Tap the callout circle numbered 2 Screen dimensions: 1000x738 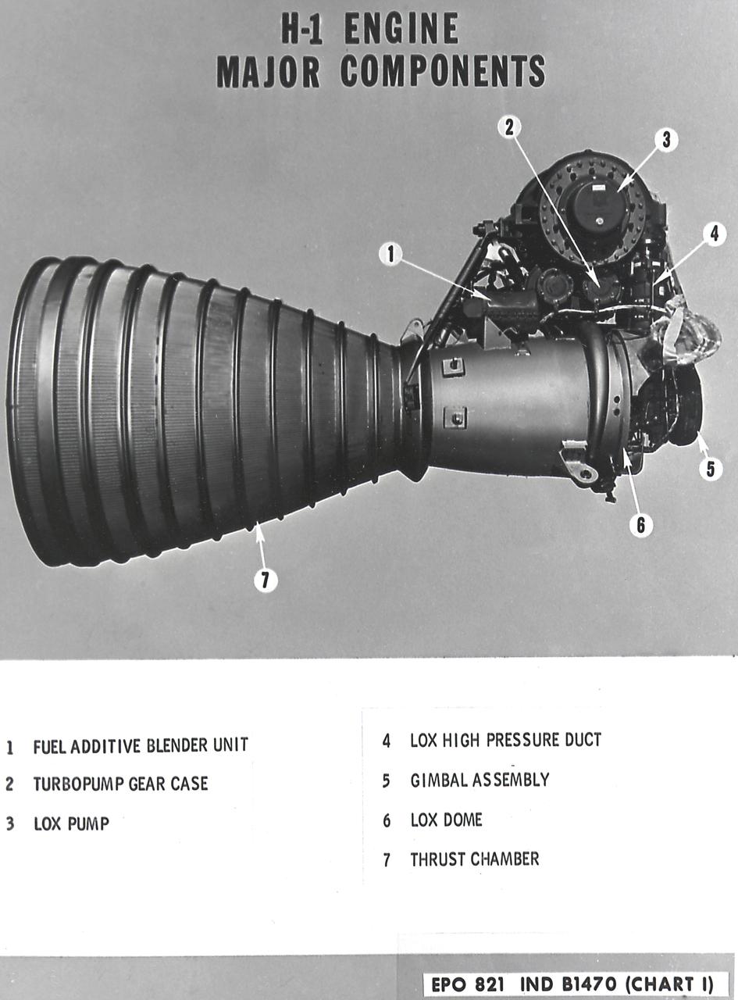pyautogui.click(x=509, y=127)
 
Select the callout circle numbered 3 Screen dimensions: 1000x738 pyautogui.click(x=665, y=140)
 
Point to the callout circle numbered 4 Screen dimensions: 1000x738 pyautogui.click(x=714, y=234)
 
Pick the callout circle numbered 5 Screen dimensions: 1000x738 pyautogui.click(x=709, y=470)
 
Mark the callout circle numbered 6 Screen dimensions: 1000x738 pyautogui.click(x=640, y=524)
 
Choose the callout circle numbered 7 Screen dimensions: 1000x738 pyautogui.click(x=266, y=580)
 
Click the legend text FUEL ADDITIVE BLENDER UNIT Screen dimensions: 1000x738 pyautogui.click(x=141, y=745)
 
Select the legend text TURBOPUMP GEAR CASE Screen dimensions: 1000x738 pyautogui.click(x=120, y=784)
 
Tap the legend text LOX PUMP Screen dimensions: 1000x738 pyautogui.click(x=70, y=823)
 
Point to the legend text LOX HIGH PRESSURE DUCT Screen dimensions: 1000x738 pyautogui.click(x=505, y=739)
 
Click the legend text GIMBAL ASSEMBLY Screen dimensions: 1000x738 pyautogui.click(x=480, y=780)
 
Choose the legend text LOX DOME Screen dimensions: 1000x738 pyautogui.click(x=446, y=820)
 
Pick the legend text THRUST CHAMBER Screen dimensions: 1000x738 pyautogui.click(x=474, y=859)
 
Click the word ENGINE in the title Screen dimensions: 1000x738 pyautogui.click(x=401, y=31)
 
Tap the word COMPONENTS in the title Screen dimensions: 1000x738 pyautogui.click(x=442, y=72)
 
